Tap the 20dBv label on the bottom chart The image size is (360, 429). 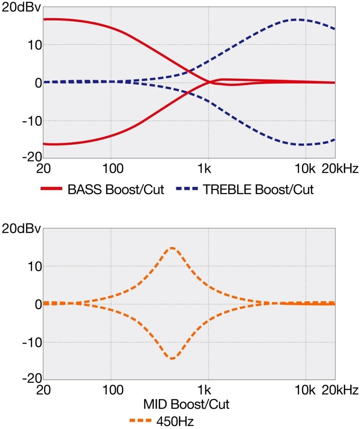pos(22,229)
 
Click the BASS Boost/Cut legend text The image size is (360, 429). pos(116,189)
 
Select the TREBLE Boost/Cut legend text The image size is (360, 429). pos(258,189)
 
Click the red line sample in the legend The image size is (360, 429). pos(51,189)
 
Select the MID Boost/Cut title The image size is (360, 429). pos(186,405)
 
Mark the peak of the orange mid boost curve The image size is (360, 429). pos(172,248)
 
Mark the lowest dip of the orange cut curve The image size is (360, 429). pos(172,358)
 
